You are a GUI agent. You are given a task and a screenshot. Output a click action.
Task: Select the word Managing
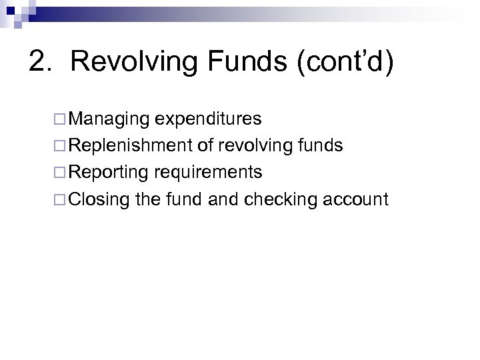109,119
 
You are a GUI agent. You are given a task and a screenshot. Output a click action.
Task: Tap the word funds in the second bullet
322,146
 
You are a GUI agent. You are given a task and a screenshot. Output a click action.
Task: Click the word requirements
209,173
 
